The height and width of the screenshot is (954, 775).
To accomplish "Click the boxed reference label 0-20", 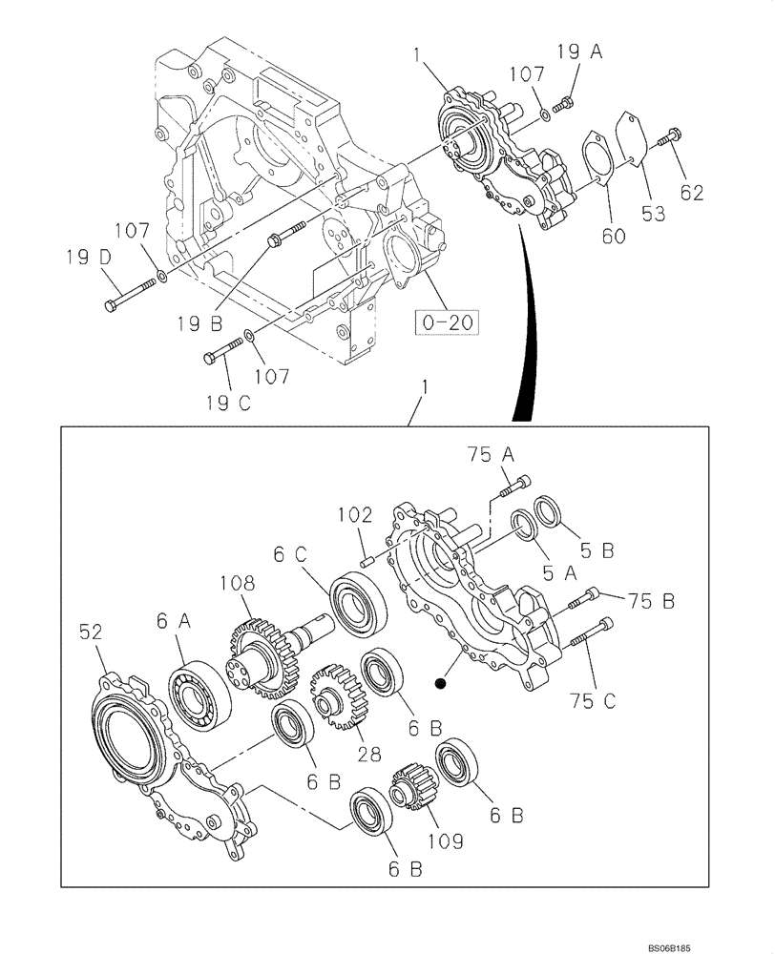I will pos(447,323).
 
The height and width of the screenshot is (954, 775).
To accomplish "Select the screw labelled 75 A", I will pos(513,486).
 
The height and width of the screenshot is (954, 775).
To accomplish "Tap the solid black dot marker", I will pos(439,682).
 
